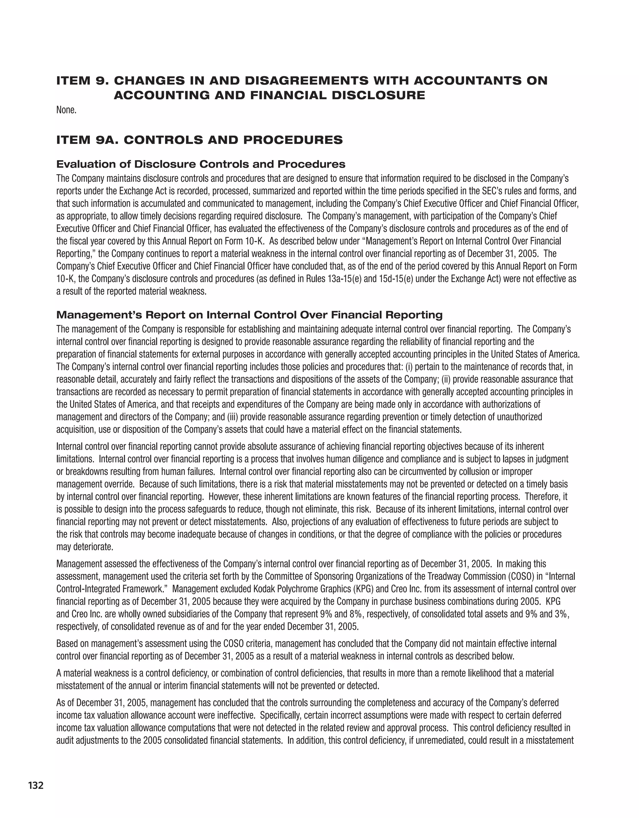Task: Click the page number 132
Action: [36, 785]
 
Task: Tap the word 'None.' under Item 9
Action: [66, 110]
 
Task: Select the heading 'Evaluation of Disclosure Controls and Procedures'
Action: [201, 164]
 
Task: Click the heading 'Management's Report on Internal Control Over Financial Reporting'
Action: [249, 315]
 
